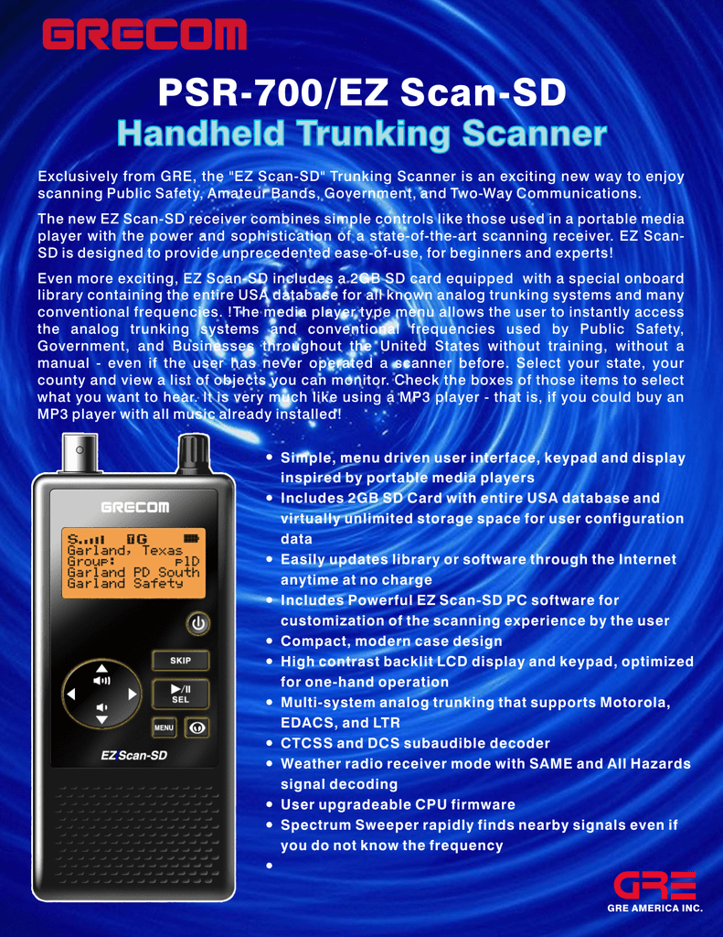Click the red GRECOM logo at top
coord(144,34)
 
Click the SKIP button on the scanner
coord(180,661)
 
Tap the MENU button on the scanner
coord(164,727)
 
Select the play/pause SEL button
coord(180,694)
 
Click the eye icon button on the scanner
coord(197,727)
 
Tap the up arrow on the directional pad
coord(102,668)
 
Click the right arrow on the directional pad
coord(133,694)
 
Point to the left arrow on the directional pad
coord(71,694)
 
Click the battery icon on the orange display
coord(191,538)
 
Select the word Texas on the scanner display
coord(162,550)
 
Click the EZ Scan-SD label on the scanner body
coord(133,755)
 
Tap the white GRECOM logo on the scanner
coord(135,507)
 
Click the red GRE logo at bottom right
coord(655,885)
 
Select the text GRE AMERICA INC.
coord(655,908)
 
